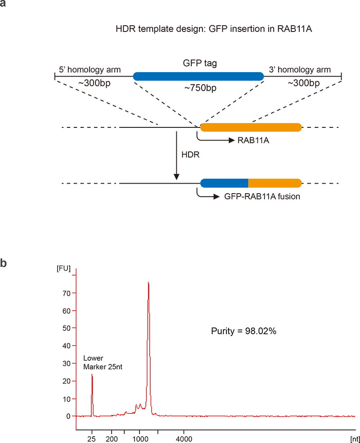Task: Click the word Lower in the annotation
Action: point(93,358)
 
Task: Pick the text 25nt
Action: point(116,367)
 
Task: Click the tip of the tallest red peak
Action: point(148,282)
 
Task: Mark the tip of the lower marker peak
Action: point(92,374)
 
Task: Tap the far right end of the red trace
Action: point(355,416)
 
